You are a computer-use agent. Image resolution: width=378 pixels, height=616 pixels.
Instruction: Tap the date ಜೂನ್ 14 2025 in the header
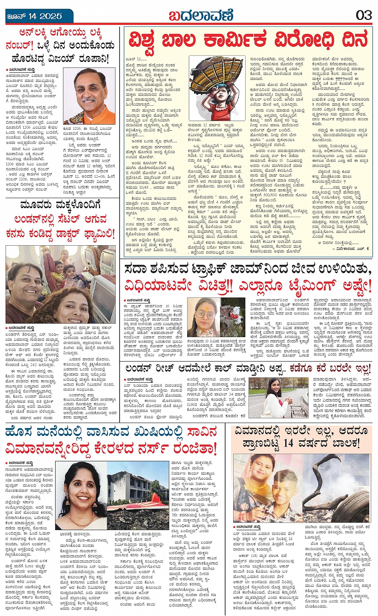pos(35,16)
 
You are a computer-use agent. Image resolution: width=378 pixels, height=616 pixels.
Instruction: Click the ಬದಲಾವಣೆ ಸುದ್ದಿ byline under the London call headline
pos(138,379)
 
